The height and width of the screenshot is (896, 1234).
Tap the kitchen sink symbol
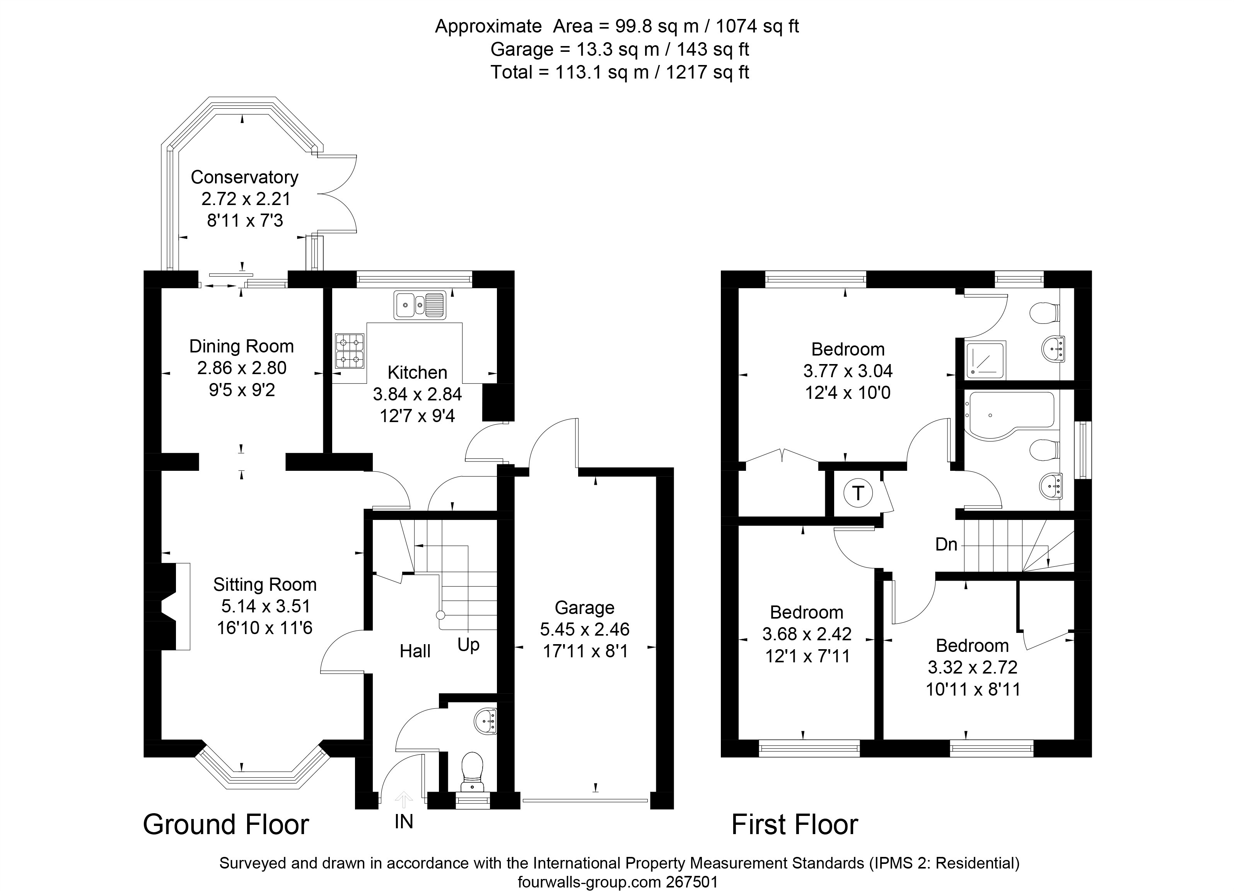420,305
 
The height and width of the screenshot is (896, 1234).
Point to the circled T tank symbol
858,493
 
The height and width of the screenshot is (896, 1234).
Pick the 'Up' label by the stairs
468,645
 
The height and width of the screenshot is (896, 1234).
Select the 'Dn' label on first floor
946,544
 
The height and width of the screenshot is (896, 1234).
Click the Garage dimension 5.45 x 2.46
584,629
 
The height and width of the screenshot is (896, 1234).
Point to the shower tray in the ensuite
986,360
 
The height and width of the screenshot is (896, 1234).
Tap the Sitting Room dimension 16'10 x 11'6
265,628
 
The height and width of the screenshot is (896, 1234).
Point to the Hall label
415,651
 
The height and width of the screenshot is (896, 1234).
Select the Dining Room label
242,346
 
